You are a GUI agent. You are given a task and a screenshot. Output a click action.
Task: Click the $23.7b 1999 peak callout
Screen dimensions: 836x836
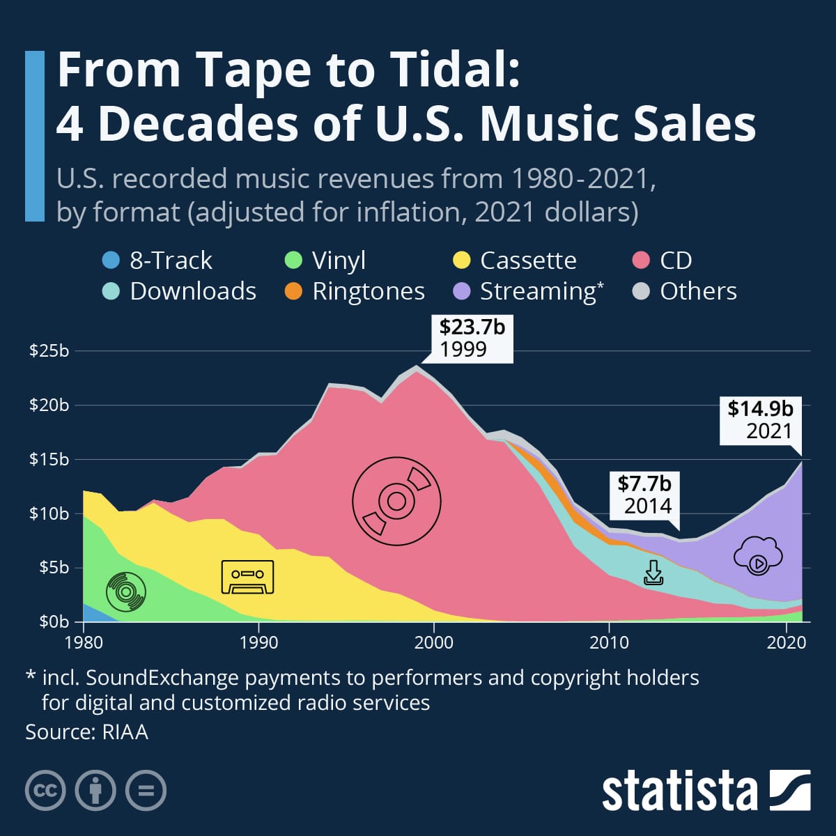coord(472,338)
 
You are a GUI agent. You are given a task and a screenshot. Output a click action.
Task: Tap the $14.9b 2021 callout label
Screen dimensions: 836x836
coord(760,419)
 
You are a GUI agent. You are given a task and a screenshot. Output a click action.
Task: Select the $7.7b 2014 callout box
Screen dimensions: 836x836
coord(644,494)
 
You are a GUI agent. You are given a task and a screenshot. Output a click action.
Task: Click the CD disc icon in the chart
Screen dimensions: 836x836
coord(396,501)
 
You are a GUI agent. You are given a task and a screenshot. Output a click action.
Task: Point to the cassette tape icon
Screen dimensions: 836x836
coord(247,577)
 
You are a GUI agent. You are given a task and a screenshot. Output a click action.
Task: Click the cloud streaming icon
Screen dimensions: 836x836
coord(758,556)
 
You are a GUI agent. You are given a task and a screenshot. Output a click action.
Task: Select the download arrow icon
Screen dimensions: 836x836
coord(653,573)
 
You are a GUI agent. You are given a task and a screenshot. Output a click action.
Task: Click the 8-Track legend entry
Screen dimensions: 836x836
coord(157,261)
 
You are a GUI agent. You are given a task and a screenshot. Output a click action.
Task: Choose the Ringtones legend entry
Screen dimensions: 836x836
coord(355,291)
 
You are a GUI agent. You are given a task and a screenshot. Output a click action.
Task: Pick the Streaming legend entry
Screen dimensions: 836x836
coord(529,291)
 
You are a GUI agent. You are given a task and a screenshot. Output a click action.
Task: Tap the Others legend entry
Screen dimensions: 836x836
coord(686,291)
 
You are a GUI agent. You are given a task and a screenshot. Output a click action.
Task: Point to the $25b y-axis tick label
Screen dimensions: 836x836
coord(49,350)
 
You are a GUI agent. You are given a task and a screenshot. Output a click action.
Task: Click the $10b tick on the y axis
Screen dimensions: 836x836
coord(49,513)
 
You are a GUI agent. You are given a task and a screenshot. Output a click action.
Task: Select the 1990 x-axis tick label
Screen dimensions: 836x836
coord(258,642)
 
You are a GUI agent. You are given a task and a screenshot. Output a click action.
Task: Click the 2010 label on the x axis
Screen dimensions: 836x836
coord(609,642)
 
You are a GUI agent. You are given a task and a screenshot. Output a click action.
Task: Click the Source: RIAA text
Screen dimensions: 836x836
coord(87,732)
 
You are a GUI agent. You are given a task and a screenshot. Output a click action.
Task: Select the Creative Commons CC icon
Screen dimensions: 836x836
coord(45,791)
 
